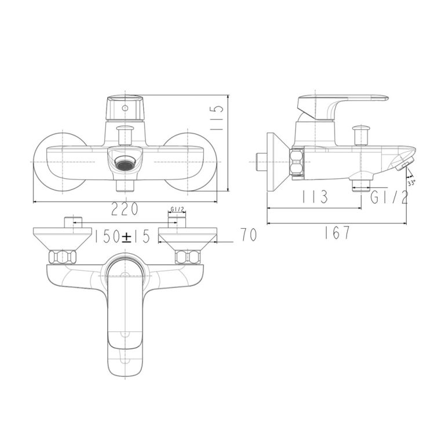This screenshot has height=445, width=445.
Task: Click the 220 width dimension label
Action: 125,209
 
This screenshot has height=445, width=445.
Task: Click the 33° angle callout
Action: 411,183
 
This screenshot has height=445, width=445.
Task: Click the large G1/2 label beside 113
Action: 389,197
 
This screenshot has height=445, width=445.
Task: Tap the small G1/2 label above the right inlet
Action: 178,210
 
